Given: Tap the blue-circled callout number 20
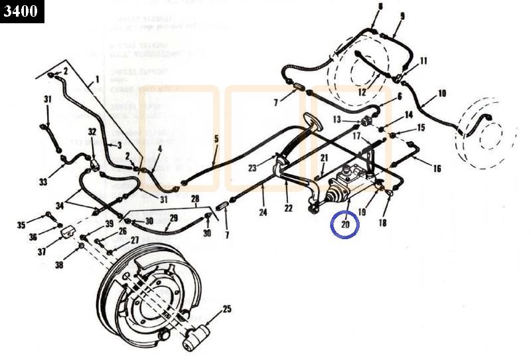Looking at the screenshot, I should (345, 225).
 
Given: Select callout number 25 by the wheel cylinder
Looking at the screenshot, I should (227, 309).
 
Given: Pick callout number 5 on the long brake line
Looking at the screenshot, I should (216, 139).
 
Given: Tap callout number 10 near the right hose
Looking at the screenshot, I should (442, 94).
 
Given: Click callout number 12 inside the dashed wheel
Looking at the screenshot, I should (362, 92).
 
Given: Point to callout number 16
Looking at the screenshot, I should (436, 169).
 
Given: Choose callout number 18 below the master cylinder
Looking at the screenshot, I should (382, 223).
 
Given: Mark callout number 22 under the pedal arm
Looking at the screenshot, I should (288, 209).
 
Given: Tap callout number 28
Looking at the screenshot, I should (195, 198).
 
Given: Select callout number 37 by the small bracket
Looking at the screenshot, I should (41, 252).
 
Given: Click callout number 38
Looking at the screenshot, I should (59, 265).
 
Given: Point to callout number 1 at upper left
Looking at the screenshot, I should (96, 78).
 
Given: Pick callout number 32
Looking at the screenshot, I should (92, 132).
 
